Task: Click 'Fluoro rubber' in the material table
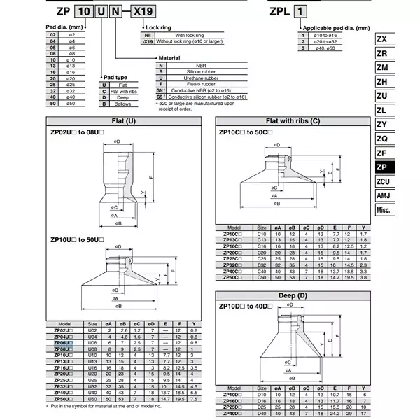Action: (x=189, y=83)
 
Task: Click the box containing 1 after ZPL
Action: (x=302, y=13)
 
